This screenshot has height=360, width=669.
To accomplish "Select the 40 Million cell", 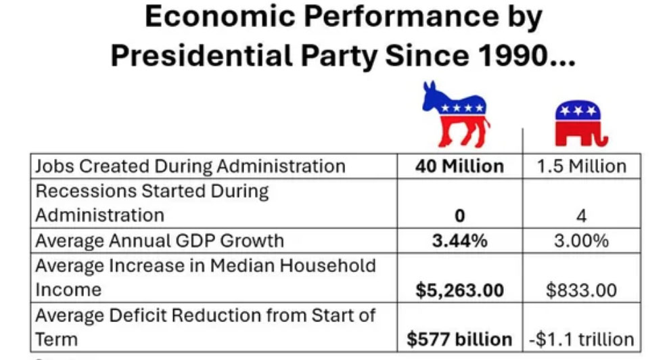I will (459, 166).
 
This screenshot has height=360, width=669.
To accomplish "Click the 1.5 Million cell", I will (582, 166).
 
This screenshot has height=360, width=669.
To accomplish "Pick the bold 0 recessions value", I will (459, 216).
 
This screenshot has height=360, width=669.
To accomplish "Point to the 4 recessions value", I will (582, 216).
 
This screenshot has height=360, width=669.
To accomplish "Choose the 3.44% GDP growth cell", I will (459, 241).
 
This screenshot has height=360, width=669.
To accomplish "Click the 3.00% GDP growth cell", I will (582, 241).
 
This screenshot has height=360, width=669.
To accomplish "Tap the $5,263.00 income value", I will (459, 290).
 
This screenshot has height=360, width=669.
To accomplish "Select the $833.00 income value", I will (582, 290).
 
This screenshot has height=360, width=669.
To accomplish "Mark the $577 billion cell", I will (459, 339).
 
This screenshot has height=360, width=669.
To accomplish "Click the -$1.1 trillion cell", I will (582, 339).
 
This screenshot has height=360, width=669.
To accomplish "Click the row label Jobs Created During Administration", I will (190, 166).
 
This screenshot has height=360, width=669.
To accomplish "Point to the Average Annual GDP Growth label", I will (160, 241).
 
